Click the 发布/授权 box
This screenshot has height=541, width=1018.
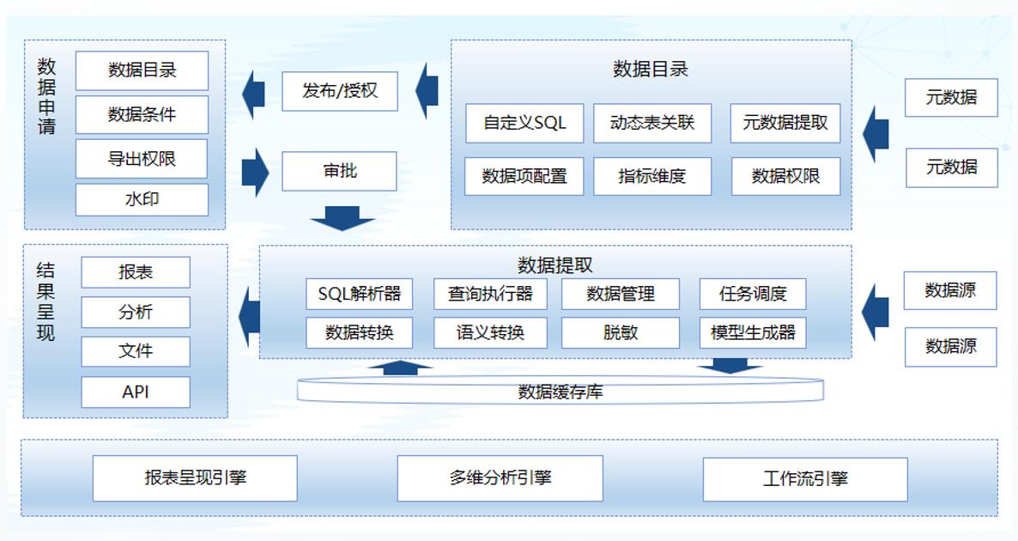340,91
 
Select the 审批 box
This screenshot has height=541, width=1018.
340,171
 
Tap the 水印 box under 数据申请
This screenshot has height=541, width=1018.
142,199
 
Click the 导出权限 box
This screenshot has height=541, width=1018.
142,159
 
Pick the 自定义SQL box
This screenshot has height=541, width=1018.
524,123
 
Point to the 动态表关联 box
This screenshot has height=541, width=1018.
652,123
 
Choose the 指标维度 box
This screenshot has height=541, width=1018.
652,176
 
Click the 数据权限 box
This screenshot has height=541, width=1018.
785,176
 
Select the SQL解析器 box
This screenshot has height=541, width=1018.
359,294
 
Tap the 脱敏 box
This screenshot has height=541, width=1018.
621,332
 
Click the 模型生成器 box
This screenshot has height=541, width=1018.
753,332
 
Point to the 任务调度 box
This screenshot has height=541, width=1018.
753,294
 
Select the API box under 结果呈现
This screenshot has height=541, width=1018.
136,392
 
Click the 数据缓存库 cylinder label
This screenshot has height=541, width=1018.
560,392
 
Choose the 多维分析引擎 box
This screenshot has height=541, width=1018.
500,478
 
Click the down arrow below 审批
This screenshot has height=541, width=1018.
342,218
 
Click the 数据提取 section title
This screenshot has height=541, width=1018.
554,265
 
